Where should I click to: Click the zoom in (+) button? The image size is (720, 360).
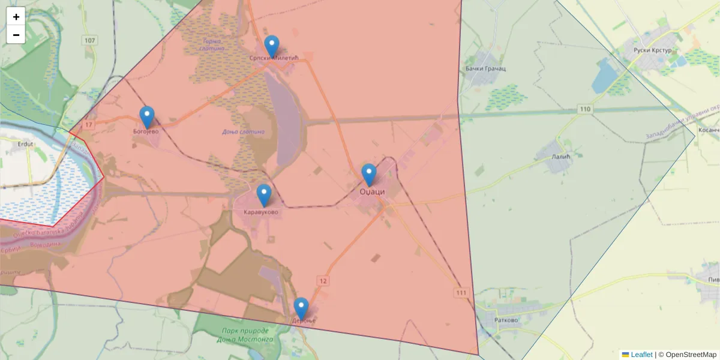16,17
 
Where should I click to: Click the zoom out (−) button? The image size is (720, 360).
16,35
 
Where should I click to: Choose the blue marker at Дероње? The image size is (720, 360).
301,308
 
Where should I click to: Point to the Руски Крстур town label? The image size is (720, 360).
652,50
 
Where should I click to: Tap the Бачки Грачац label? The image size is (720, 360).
485,69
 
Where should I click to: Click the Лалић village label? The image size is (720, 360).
559,156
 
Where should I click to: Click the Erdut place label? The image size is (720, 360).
12,144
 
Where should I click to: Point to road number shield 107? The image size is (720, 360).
90,41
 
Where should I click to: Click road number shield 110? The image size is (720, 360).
585,109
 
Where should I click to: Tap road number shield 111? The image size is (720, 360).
461,292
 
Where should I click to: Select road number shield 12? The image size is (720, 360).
323,281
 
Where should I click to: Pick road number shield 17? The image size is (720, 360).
89,124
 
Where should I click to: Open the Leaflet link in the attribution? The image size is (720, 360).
641,355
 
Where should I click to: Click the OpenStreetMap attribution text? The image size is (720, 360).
691,355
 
